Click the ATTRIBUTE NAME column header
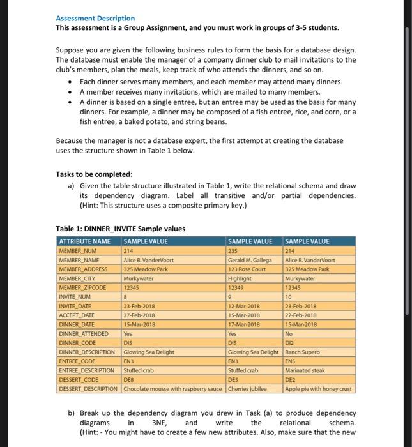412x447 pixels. (84, 241)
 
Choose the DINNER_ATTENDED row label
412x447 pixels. (84, 333)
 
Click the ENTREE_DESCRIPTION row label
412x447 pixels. (86, 370)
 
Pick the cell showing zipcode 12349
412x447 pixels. (237, 288)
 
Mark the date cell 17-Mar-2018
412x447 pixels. (244, 324)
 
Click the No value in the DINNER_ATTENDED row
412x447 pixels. (290, 333)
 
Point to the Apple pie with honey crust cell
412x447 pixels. (319, 388)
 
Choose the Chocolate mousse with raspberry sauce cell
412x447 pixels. (173, 388)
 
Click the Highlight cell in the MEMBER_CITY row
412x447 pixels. (240, 279)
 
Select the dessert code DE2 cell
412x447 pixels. (291, 379)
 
